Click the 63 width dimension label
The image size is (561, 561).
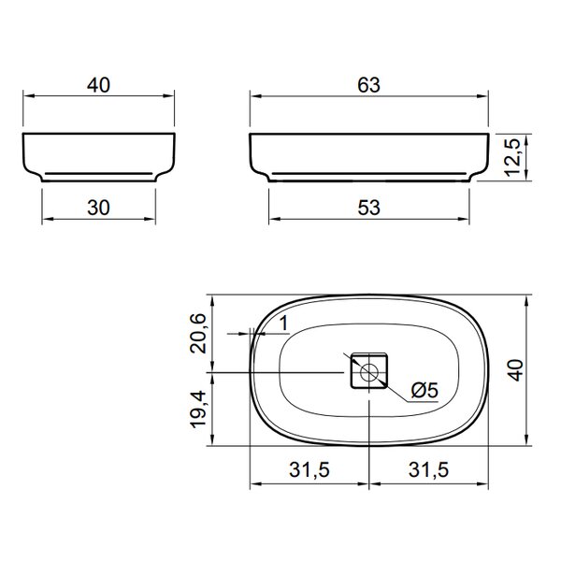[x=369, y=85]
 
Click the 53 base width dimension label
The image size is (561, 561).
[x=369, y=208]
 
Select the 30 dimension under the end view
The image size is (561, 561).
[x=98, y=208]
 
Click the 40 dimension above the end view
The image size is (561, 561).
[x=98, y=85]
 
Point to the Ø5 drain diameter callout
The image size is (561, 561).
[x=424, y=390]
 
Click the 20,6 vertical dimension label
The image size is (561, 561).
[x=198, y=334]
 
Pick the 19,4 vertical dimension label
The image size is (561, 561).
[x=198, y=409]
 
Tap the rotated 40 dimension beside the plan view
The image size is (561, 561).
[x=515, y=370]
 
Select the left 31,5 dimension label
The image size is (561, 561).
[x=309, y=469]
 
